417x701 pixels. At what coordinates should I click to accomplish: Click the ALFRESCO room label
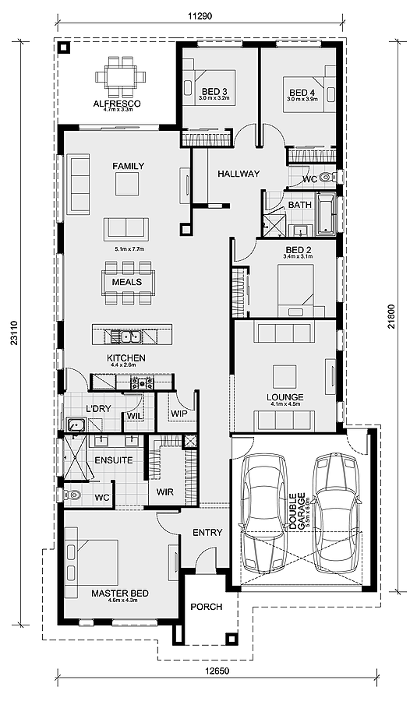pos(117,104)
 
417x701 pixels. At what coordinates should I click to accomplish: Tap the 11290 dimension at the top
pos(200,16)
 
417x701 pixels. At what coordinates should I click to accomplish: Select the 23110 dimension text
pos(14,333)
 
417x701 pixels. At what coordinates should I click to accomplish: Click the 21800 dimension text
pos(391,316)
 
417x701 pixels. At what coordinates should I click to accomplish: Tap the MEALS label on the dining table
pos(127,282)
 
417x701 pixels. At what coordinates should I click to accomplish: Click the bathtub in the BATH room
pos(326,214)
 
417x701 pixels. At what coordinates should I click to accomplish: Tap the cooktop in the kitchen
pos(143,383)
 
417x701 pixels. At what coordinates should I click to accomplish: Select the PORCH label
pos(207,607)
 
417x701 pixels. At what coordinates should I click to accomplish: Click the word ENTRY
pos(207,533)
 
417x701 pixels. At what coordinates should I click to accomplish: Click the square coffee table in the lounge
pos(284,376)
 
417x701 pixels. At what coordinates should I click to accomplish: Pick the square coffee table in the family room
pos(127,184)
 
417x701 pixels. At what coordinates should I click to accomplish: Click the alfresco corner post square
pos(65,48)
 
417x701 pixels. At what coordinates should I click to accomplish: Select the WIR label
pos(165,492)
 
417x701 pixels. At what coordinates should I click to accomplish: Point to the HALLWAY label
pos(239,174)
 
